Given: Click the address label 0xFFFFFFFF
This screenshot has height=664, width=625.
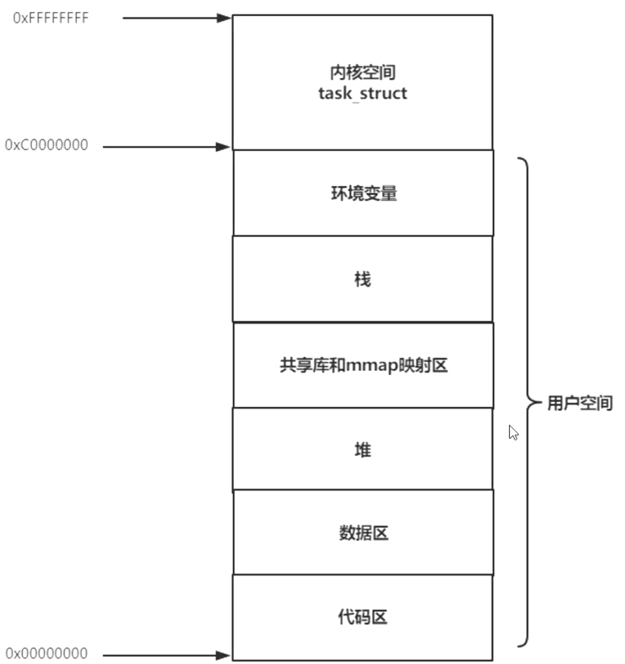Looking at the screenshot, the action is pyautogui.click(x=51, y=18).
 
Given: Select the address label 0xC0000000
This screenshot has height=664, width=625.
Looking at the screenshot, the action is pyautogui.click(x=46, y=145).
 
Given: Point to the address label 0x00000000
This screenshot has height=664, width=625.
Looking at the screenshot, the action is pyautogui.click(x=46, y=653).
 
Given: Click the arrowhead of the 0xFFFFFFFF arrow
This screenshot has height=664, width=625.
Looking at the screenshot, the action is pyautogui.click(x=224, y=18).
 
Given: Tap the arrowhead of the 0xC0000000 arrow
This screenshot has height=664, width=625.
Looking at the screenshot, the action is pyautogui.click(x=223, y=147).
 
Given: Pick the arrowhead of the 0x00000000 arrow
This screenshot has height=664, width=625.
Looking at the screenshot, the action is pyautogui.click(x=223, y=655).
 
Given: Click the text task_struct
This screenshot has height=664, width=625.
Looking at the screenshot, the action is pyautogui.click(x=363, y=94).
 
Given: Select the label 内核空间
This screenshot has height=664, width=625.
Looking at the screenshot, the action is pyautogui.click(x=363, y=72).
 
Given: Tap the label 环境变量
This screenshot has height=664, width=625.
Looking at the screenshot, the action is pyautogui.click(x=364, y=193).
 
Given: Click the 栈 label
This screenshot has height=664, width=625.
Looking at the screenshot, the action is pyautogui.click(x=363, y=280).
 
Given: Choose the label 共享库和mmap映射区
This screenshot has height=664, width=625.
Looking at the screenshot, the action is pyautogui.click(x=364, y=365).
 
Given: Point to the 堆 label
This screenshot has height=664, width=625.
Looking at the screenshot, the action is pyautogui.click(x=363, y=450).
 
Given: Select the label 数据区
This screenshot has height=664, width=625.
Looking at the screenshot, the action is pyautogui.click(x=364, y=533).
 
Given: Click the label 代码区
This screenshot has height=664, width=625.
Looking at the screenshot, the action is pyautogui.click(x=363, y=617).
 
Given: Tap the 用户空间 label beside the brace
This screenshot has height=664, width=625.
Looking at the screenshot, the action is pyautogui.click(x=580, y=403).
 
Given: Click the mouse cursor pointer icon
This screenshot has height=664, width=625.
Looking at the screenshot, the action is pyautogui.click(x=513, y=433).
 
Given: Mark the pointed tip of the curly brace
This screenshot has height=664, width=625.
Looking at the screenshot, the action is pyautogui.click(x=541, y=402).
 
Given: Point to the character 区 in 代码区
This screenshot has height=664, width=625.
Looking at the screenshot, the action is pyautogui.click(x=380, y=617).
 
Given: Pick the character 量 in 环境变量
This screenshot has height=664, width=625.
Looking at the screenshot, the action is pyautogui.click(x=389, y=193).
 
